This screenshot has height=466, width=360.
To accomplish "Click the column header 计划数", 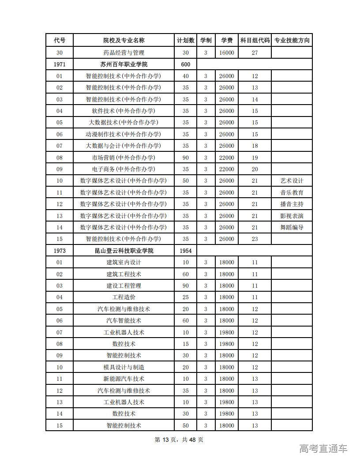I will pyautogui.click(x=185, y=41).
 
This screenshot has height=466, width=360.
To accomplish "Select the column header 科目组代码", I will pyautogui.click(x=255, y=41).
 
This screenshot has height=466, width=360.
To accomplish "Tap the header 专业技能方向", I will pyautogui.click(x=292, y=41).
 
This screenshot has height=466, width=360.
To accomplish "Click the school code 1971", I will pyautogui.click(x=60, y=64).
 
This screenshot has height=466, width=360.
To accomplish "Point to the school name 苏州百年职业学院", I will pyautogui.click(x=124, y=64).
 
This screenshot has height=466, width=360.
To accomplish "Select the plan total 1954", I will pyautogui.click(x=185, y=251).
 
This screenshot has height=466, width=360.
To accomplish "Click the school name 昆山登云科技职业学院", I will pyautogui.click(x=124, y=251).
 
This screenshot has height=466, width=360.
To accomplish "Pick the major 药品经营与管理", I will pyautogui.click(x=124, y=53).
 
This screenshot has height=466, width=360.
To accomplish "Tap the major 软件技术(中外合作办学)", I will pyautogui.click(x=124, y=111).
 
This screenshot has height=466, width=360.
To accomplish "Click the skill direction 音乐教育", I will pyautogui.click(x=292, y=192).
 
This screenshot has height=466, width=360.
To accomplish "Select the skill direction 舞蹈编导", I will pyautogui.click(x=292, y=227).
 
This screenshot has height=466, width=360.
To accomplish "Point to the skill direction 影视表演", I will pyautogui.click(x=292, y=216).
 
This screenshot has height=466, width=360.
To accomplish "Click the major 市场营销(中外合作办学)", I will pyautogui.click(x=124, y=158).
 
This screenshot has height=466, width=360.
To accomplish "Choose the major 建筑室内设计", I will pyautogui.click(x=124, y=262).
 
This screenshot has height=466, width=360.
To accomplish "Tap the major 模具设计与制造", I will pyautogui.click(x=124, y=367).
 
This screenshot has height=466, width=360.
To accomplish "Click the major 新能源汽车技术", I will pyautogui.click(x=124, y=379).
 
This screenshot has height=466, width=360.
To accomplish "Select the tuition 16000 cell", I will pyautogui.click(x=227, y=53).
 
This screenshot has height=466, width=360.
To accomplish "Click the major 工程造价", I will pyautogui.click(x=124, y=297).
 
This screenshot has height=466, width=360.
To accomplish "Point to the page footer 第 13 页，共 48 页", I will pyautogui.click(x=179, y=440).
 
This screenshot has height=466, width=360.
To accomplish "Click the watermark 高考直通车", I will pyautogui.click(x=323, y=449).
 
